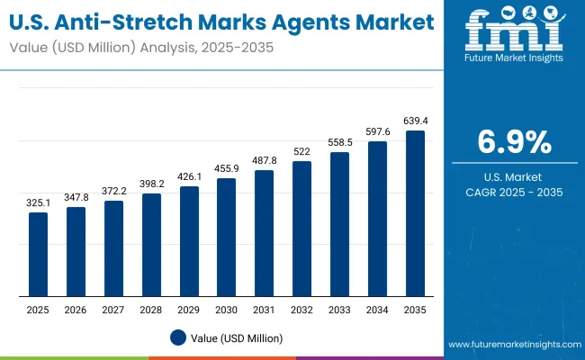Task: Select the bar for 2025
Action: coord(38,255)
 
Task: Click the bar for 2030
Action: coord(226,238)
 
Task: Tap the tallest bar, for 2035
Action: coord(415,213)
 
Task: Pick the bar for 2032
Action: coord(301,229)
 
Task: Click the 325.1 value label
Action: coord(38,203)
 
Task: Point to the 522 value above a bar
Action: coord(301,152)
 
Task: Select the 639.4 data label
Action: coord(415,121)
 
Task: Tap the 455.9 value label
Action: coord(226,169)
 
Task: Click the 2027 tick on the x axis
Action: coord(113,310)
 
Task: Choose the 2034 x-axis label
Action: coord(377,310)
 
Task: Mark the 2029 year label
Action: coord(189,310)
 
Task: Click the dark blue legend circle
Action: coord(178,337)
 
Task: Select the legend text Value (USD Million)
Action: coord(237,337)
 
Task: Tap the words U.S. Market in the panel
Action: coord(514,176)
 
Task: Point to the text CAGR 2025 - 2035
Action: coord(514,193)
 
